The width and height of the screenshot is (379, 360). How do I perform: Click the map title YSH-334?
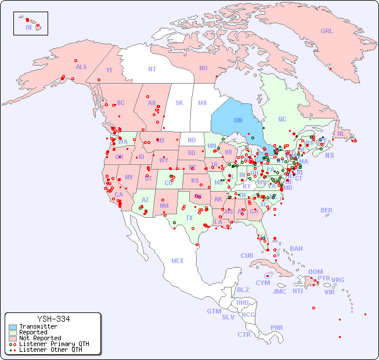click(x=53, y=319)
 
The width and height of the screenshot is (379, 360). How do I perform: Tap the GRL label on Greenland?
click(x=327, y=31)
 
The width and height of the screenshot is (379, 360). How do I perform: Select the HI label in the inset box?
click(x=28, y=27)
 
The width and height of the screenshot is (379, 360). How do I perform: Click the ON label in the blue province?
click(x=238, y=120)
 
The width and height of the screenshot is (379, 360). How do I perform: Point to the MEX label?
click(x=178, y=261)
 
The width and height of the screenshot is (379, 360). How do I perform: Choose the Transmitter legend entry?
click(x=38, y=326)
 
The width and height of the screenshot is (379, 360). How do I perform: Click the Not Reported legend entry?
click(x=40, y=338)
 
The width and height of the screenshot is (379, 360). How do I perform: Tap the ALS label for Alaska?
click(x=81, y=67)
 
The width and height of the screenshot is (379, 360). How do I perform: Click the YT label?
click(x=109, y=70)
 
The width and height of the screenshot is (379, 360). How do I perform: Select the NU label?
click(x=203, y=68)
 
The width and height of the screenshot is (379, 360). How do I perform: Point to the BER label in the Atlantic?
click(x=327, y=210)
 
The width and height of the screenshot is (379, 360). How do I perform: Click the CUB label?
click(x=247, y=255)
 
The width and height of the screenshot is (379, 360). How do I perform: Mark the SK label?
click(x=179, y=103)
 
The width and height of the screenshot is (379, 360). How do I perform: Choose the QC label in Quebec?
click(x=282, y=119)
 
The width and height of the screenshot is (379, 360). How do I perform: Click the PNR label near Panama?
click(x=277, y=327)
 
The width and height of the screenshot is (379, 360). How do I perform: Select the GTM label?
click(x=214, y=311)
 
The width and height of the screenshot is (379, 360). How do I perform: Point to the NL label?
click(x=341, y=133)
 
